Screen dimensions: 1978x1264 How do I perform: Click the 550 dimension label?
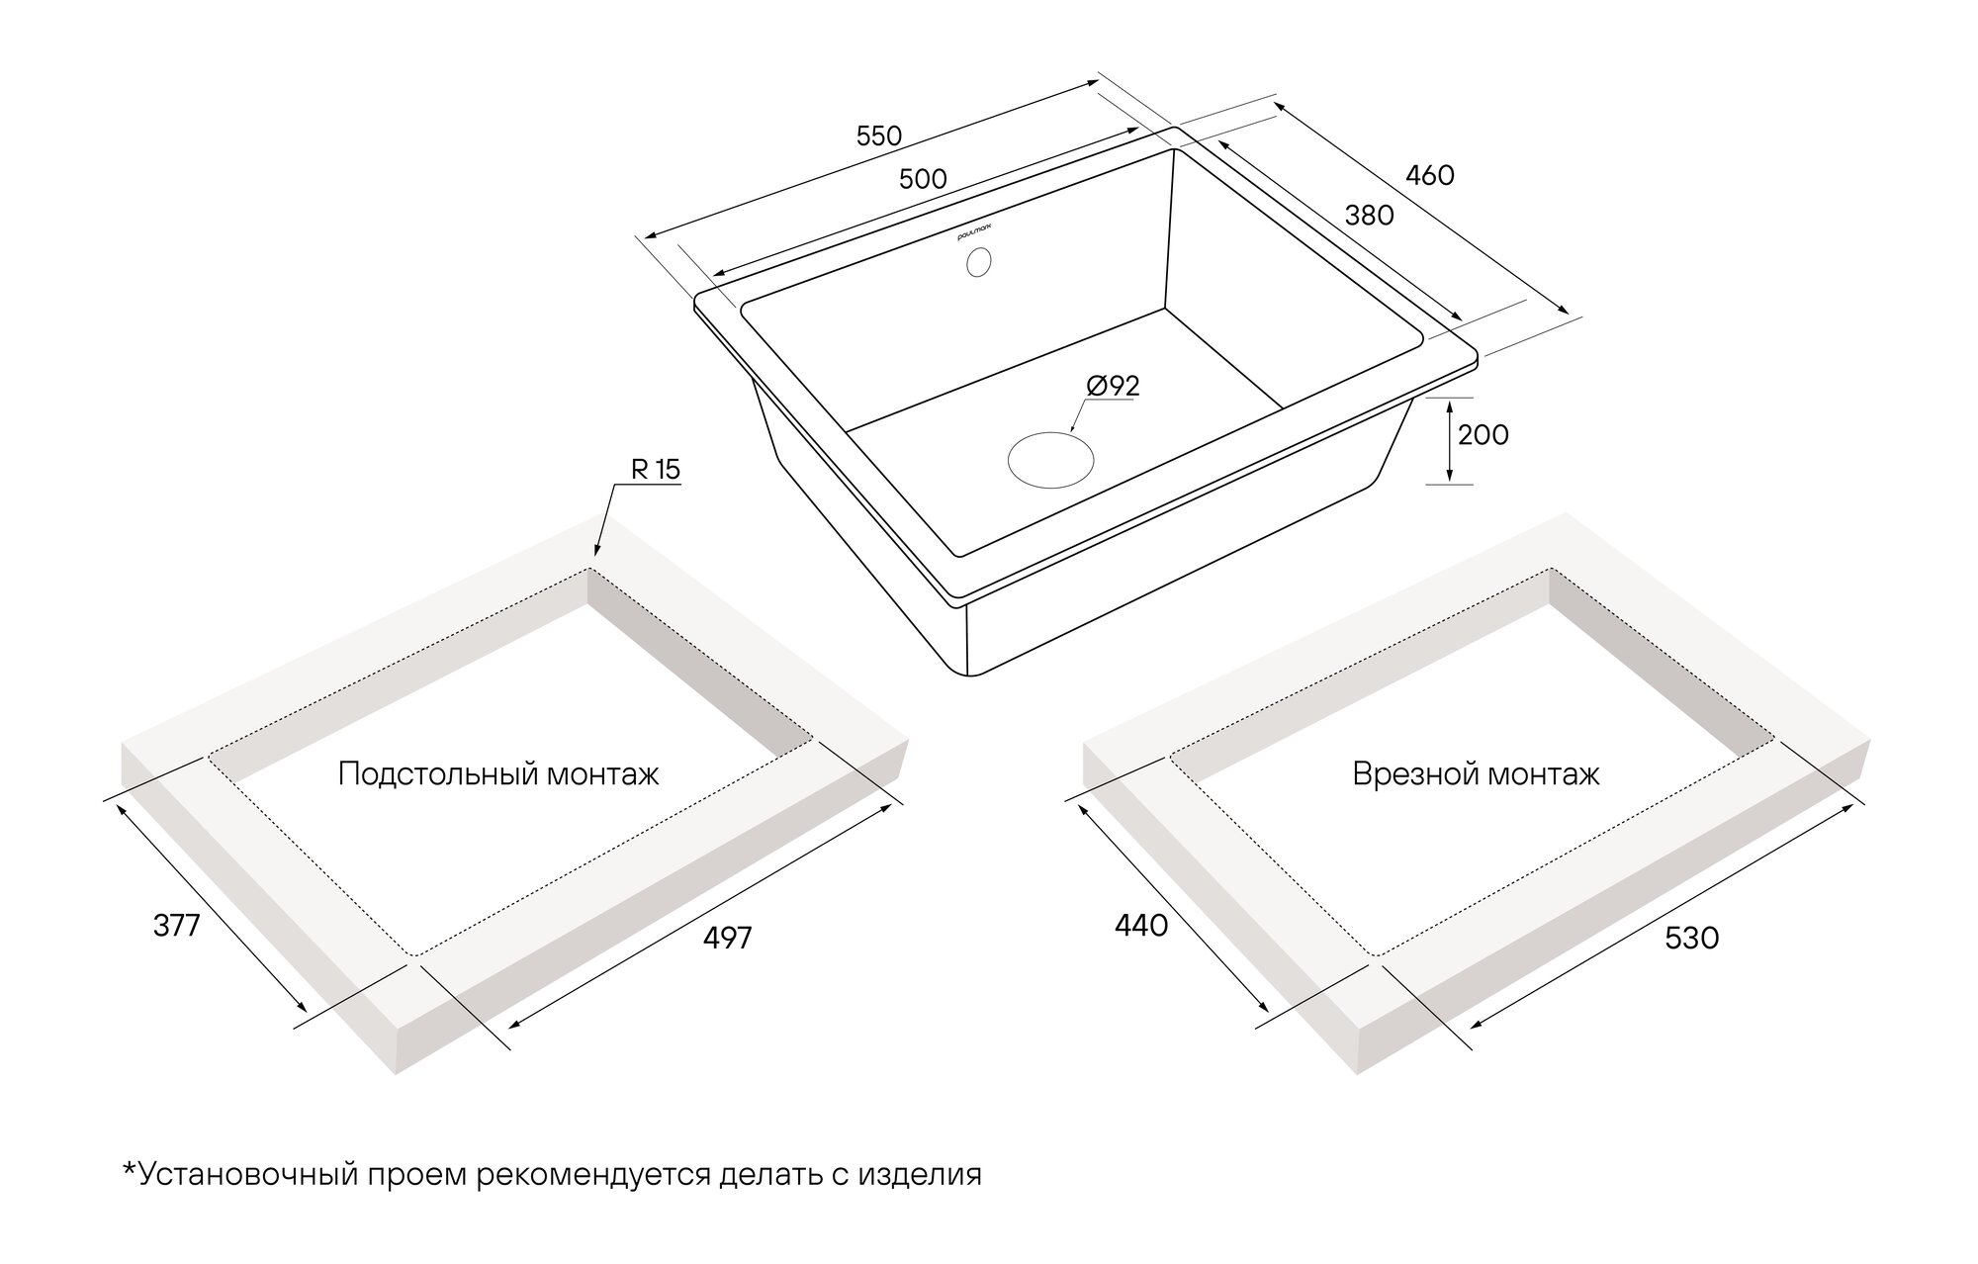point(879,135)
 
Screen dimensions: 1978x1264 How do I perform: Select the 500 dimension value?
point(923,179)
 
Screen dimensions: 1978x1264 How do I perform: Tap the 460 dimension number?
point(1430,175)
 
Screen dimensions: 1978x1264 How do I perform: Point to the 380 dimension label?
point(1370,215)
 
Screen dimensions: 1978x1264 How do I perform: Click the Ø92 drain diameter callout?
point(1114,386)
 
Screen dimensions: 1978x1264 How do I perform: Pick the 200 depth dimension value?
point(1483,434)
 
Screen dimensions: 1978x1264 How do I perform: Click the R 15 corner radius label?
point(656,469)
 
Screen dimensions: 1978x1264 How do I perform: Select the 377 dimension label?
point(177,926)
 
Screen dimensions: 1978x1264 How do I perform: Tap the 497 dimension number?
point(728,938)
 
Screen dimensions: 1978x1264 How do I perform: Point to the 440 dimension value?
point(1141,926)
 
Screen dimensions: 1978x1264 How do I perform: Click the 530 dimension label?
point(1692,938)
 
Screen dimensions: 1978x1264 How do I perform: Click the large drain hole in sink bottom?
point(1051,460)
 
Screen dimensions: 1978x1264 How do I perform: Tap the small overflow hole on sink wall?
point(978,262)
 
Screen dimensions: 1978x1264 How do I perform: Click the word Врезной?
point(1409,773)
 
